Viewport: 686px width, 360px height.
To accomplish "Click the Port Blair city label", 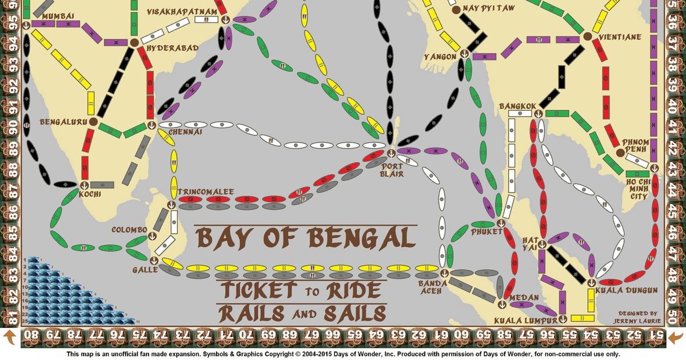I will pos(392,170).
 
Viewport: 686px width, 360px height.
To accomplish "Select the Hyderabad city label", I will pos(173,49).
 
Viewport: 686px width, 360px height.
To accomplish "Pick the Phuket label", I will pos(486,231).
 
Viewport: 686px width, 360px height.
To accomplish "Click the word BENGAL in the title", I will pos(364,238).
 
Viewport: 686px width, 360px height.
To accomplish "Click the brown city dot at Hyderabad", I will pos(134,42).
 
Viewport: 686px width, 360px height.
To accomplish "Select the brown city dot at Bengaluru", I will pos(93,122).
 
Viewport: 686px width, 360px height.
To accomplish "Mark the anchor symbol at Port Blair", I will pos(391,153).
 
